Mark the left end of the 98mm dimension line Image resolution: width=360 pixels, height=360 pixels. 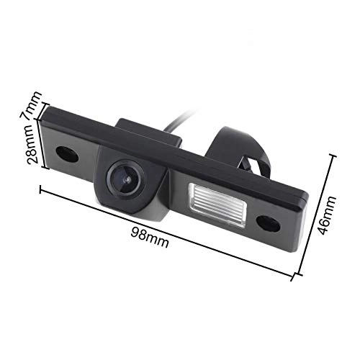tap(40, 189)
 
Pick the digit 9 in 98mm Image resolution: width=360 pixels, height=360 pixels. tap(135, 232)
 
